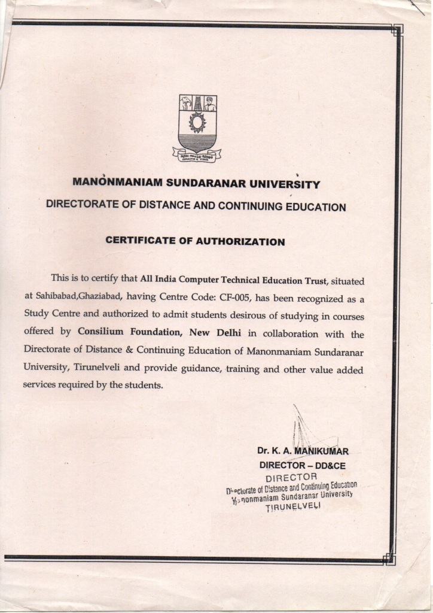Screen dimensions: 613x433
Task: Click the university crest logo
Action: (197, 128)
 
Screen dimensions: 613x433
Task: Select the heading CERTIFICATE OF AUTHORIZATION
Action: (195, 242)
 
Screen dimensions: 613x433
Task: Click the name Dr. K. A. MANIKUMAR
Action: (303, 451)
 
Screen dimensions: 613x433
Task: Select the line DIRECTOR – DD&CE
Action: (302, 465)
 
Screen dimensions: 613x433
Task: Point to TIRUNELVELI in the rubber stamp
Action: (293, 506)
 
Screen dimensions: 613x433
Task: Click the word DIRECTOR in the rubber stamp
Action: (291, 477)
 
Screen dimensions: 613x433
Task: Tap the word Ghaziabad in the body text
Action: (100, 297)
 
